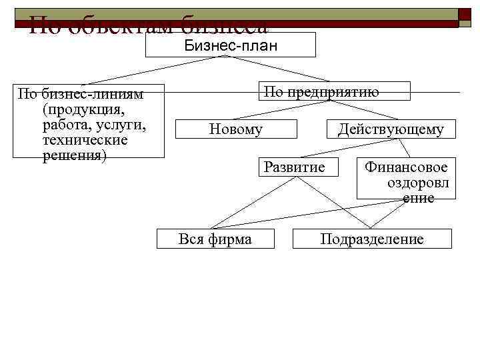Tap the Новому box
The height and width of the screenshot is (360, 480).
(235, 129)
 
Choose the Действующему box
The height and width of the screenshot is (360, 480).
(390, 129)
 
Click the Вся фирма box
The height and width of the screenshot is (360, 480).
(215, 239)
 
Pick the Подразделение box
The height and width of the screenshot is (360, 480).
(372, 239)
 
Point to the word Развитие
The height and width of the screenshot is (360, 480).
(295, 166)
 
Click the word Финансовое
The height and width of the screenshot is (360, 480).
(406, 167)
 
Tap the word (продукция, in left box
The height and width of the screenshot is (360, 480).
(83, 109)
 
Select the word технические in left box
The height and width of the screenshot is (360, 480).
(85, 140)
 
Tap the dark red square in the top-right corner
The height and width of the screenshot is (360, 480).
(465, 17)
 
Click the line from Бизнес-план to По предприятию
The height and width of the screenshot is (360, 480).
(280, 69)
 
